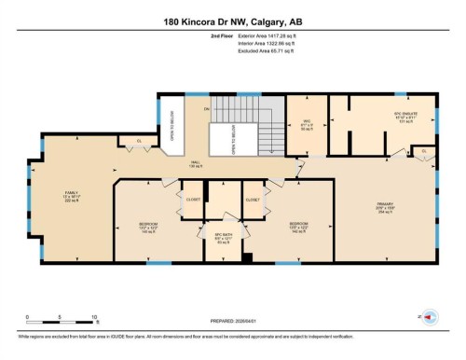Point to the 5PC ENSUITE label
tap(392, 118)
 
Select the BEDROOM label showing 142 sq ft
tap(297, 228)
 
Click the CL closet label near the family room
tap(138, 141)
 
